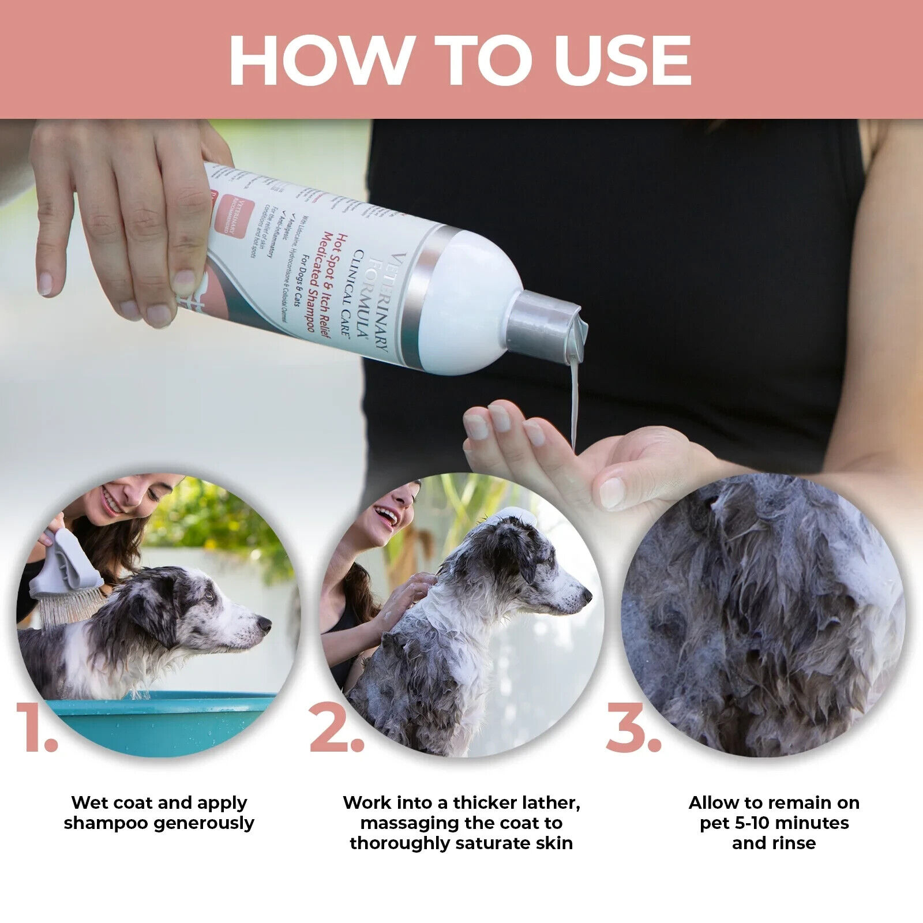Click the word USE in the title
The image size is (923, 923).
623,60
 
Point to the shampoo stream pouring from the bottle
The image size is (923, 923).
573,398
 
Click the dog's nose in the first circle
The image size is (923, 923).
265,624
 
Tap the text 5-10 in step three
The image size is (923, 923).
756,823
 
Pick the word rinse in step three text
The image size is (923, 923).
795,843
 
